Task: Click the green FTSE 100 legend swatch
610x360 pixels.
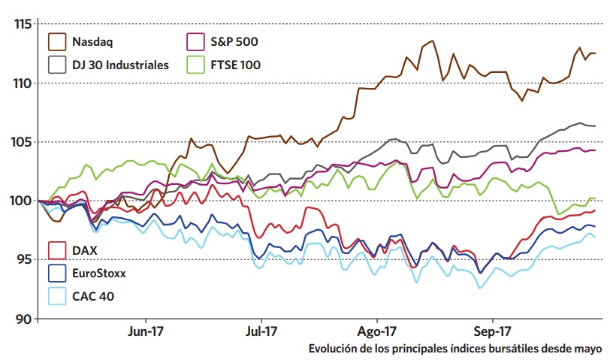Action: [x=195, y=65]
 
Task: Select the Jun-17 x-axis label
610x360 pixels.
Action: [x=145, y=331]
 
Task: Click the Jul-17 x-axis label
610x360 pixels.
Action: [x=261, y=331]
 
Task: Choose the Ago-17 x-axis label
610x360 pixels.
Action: [x=377, y=331]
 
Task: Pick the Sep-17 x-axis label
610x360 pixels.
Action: [x=494, y=331]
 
